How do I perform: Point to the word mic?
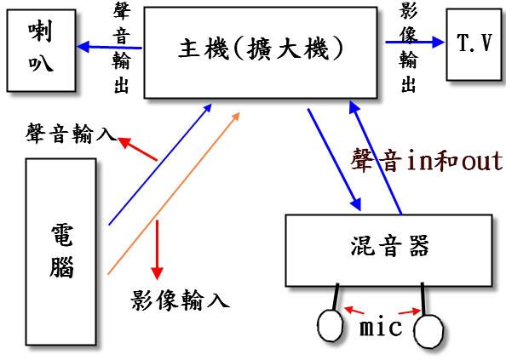(381, 327)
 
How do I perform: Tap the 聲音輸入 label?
(72, 133)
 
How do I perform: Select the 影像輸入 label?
(180, 300)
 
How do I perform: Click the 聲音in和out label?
(427, 160)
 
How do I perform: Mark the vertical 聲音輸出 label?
(122, 49)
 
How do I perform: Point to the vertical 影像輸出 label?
(409, 49)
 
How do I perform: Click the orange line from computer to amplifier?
(174, 193)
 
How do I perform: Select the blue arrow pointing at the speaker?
(109, 47)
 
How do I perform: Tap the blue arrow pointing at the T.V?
(415, 42)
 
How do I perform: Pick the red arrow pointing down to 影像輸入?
(157, 250)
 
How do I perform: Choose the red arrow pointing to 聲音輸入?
(137, 149)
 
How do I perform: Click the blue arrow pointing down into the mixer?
(334, 160)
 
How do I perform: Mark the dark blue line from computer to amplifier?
(160, 164)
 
